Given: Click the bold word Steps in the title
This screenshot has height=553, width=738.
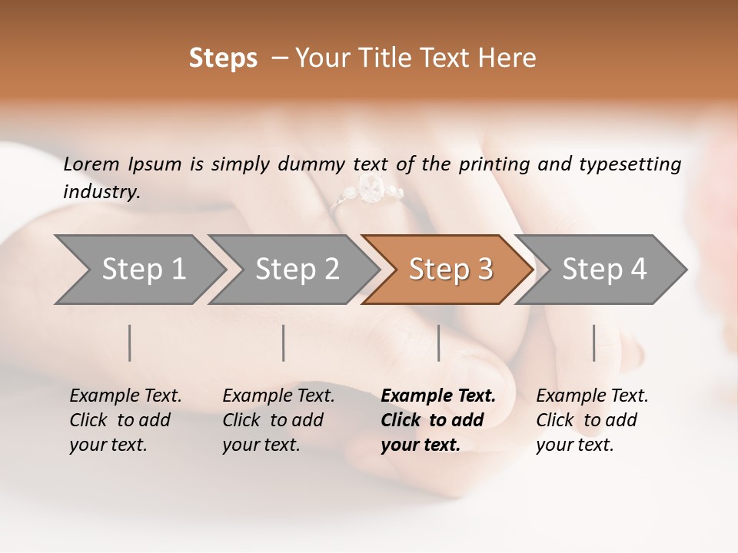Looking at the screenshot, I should tap(223, 58).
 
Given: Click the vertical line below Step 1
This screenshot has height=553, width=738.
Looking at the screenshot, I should tap(130, 343).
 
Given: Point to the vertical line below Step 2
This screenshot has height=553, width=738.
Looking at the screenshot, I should tap(284, 343).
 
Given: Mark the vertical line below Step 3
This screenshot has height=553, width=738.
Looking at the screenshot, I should tap(439, 343).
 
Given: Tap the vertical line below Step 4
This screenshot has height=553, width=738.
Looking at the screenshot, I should tap(594, 343).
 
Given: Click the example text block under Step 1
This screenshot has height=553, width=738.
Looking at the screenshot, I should tap(125, 420).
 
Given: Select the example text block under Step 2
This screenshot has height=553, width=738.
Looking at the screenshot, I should tap(278, 420).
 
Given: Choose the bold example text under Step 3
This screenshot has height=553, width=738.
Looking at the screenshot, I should tap(438, 420).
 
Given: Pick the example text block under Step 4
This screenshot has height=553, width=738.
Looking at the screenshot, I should tap(592, 420).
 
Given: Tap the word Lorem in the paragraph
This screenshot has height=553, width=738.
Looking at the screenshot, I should tap(91, 164).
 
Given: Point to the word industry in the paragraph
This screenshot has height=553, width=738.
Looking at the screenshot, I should tap(101, 192).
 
